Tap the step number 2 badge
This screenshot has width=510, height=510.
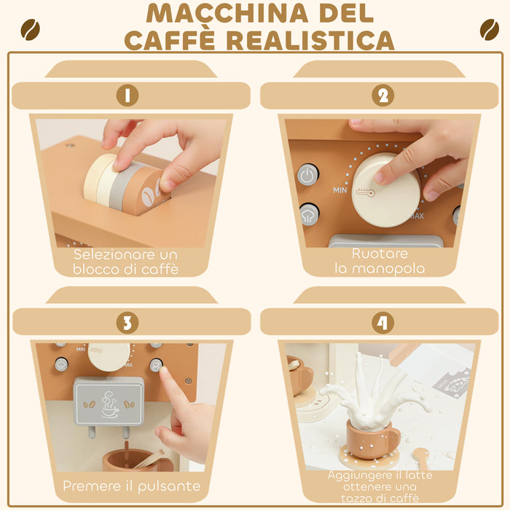pos(382,95)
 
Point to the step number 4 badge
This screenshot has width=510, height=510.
pos(382,322)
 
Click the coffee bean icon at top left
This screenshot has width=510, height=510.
pos(30,30)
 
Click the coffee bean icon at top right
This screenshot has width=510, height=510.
pos(489,30)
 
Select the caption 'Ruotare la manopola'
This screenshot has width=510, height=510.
pos(379,261)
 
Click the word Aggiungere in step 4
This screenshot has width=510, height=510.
pos(357,475)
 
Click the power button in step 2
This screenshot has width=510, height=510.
pos(307,175)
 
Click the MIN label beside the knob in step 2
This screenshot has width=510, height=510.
pos(340,190)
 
